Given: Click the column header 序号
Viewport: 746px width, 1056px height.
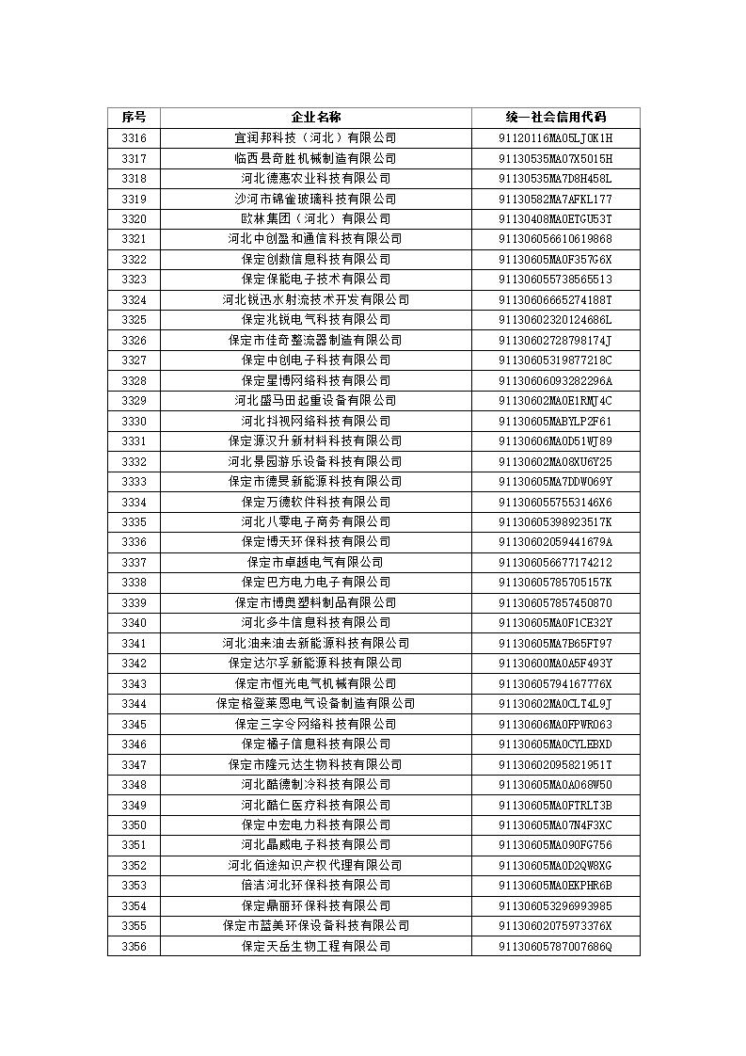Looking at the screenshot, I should [134, 118].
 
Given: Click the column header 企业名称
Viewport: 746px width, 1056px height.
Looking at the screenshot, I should [315, 118].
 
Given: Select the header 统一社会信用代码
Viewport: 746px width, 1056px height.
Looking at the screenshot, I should [555, 118].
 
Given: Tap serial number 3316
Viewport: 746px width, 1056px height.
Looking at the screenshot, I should [134, 138].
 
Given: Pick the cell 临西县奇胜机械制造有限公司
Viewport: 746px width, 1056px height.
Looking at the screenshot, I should [315, 158].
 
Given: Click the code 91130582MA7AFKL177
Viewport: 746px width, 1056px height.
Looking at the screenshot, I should [555, 199].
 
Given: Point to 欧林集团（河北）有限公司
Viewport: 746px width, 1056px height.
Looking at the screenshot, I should [315, 218].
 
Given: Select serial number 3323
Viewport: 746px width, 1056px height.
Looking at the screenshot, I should [134, 279].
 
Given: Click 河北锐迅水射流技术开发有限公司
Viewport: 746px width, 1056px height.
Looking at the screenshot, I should [315, 299].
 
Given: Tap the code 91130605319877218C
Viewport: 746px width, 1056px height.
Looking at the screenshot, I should [555, 360].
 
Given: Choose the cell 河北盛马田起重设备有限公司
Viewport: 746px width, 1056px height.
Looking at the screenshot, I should [315, 400].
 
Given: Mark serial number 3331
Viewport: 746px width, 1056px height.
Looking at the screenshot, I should [134, 440].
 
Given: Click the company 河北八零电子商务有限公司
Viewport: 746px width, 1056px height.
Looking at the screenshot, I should [315, 521].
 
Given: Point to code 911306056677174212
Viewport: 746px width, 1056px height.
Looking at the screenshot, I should [555, 562].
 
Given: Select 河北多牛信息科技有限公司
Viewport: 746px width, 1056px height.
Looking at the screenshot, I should [315, 622].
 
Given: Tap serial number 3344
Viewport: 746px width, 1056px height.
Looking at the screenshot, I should [134, 703].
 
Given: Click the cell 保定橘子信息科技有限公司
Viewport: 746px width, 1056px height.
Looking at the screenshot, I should [315, 744].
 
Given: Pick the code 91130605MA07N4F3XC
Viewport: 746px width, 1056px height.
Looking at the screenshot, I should [555, 824].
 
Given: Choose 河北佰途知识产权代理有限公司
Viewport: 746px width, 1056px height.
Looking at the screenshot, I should [315, 865].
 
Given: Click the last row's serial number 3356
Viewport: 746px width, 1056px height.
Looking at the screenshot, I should [134, 946].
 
